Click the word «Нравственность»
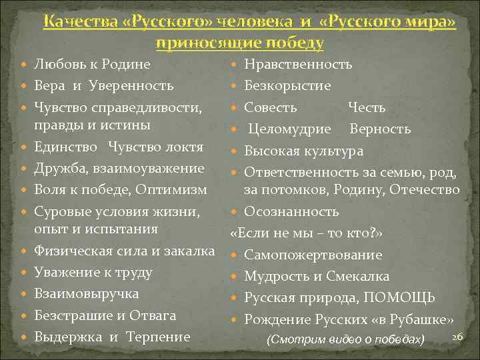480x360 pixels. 298,65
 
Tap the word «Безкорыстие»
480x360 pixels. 287,86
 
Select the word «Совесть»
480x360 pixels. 271,107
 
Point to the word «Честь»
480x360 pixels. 367,107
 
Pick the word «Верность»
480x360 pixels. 380,129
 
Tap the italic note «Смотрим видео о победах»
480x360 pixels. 345,339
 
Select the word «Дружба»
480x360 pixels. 57,168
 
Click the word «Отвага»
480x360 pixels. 154,315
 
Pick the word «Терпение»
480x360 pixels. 159,337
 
